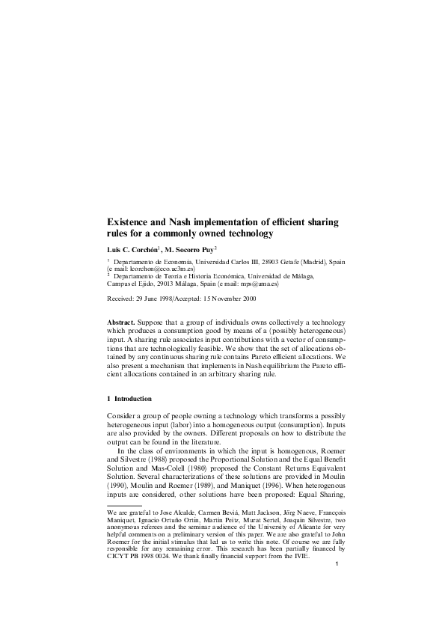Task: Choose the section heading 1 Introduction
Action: click(129, 399)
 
